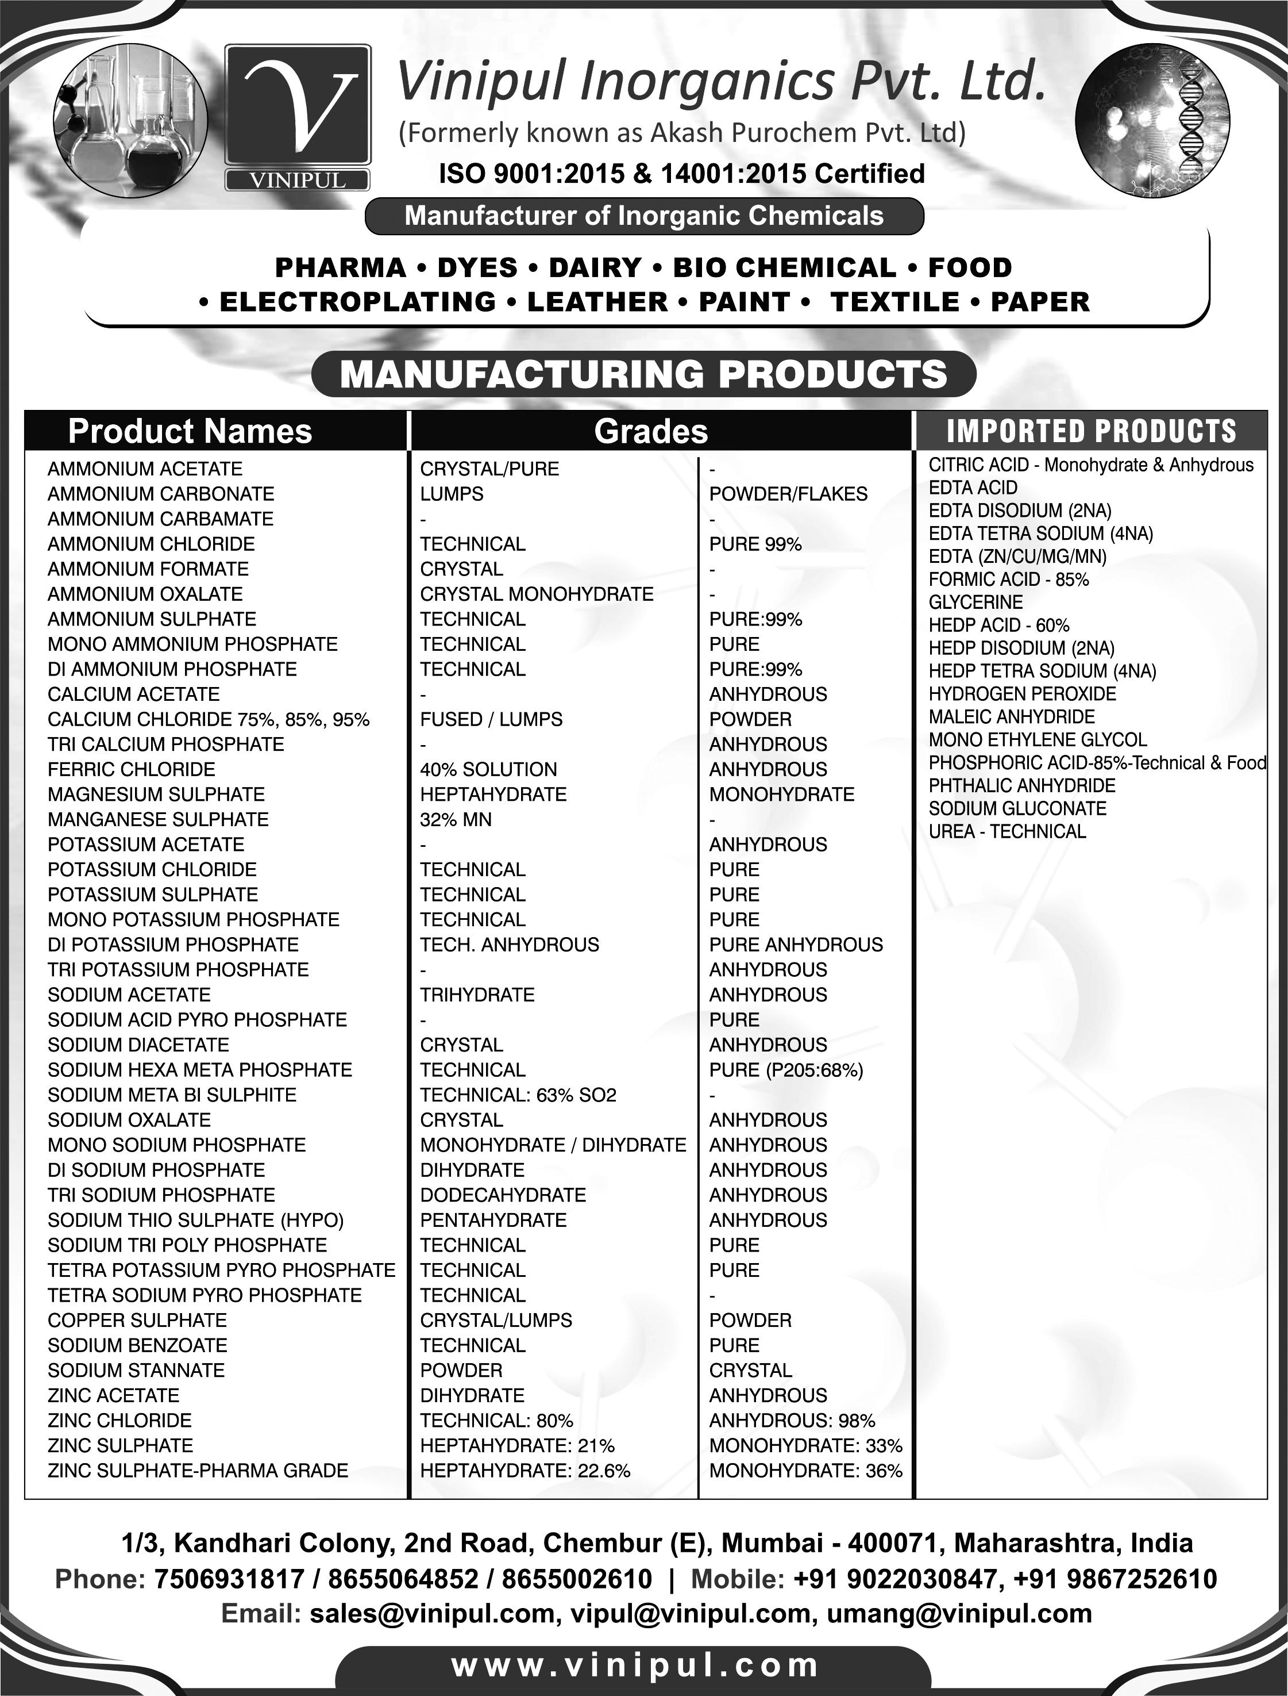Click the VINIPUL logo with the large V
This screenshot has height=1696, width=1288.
298,115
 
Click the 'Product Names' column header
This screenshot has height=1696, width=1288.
190,431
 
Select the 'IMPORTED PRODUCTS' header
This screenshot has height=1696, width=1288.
1091,431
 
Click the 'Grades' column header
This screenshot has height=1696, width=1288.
651,431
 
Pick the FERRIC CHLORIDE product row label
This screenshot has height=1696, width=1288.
131,769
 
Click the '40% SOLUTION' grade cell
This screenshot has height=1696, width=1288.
488,769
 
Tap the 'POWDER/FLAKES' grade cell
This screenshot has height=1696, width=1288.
788,494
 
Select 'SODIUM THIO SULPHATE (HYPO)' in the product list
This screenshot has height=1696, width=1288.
195,1219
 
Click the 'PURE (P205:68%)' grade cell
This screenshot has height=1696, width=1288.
786,1070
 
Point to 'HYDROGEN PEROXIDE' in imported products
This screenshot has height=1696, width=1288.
1022,694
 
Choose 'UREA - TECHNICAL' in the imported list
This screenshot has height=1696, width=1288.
1007,831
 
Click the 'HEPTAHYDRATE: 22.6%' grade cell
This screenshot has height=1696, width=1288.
525,1471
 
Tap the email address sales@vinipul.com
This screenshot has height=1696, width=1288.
433,1614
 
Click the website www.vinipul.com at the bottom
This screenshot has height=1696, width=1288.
635,1666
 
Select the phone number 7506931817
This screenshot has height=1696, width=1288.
229,1579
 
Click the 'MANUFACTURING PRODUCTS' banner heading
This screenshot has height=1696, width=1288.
643,374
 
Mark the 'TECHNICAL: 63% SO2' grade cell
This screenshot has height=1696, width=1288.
518,1095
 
